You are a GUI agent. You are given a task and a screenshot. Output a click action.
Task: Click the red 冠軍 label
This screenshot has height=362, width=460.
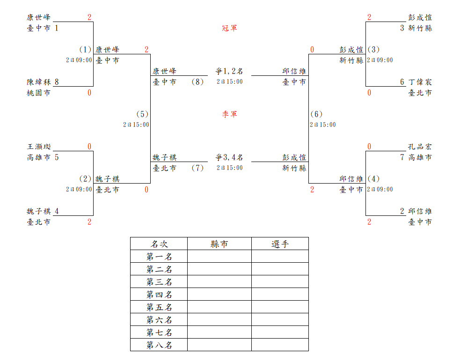pyautogui.click(x=229, y=28)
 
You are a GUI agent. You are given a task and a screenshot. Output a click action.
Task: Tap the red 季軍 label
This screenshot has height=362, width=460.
pyautogui.click(x=229, y=114)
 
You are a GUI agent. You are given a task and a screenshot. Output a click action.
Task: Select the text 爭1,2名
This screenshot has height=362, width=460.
pyautogui.click(x=229, y=71)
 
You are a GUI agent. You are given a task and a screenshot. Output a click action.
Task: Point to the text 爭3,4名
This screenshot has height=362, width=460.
pyautogui.click(x=229, y=157)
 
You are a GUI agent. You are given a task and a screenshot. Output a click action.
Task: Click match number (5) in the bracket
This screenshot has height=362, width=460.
pyautogui.click(x=142, y=114)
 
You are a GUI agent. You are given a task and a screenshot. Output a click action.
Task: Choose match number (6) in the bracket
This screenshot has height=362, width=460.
pyautogui.click(x=316, y=114)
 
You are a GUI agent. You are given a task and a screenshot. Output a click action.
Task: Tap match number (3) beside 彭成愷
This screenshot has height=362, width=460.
pyautogui.click(x=373, y=50)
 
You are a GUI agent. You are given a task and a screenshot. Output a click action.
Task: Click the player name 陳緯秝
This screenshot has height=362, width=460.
pyautogui.click(x=39, y=82)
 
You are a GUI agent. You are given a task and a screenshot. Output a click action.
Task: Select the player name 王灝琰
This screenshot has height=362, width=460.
pyautogui.click(x=39, y=147)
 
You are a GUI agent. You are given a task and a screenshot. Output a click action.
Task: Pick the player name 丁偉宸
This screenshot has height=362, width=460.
pyautogui.click(x=420, y=82)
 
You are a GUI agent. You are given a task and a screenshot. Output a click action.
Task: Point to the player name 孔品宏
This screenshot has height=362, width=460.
pyautogui.click(x=420, y=147)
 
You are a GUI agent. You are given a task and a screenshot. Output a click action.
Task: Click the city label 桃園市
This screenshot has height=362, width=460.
pyautogui.click(x=39, y=93)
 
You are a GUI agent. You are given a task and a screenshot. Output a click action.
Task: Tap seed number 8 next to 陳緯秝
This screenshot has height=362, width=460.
pyautogui.click(x=57, y=82)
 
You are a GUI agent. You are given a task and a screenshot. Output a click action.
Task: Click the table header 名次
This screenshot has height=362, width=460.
pyautogui.click(x=159, y=244)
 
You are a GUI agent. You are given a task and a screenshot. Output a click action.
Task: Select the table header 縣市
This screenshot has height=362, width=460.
pyautogui.click(x=219, y=244)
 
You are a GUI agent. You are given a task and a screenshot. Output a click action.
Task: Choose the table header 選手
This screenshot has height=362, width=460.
pyautogui.click(x=280, y=244)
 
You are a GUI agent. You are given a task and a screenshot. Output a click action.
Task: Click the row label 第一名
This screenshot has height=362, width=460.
pyautogui.click(x=159, y=257)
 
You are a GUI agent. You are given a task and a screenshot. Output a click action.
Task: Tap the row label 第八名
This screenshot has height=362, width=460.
pyautogui.click(x=159, y=345)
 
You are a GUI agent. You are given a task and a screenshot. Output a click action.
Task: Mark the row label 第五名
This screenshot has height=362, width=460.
pyautogui.click(x=159, y=307)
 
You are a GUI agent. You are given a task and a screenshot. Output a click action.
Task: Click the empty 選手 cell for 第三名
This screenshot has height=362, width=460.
pyautogui.click(x=280, y=282)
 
